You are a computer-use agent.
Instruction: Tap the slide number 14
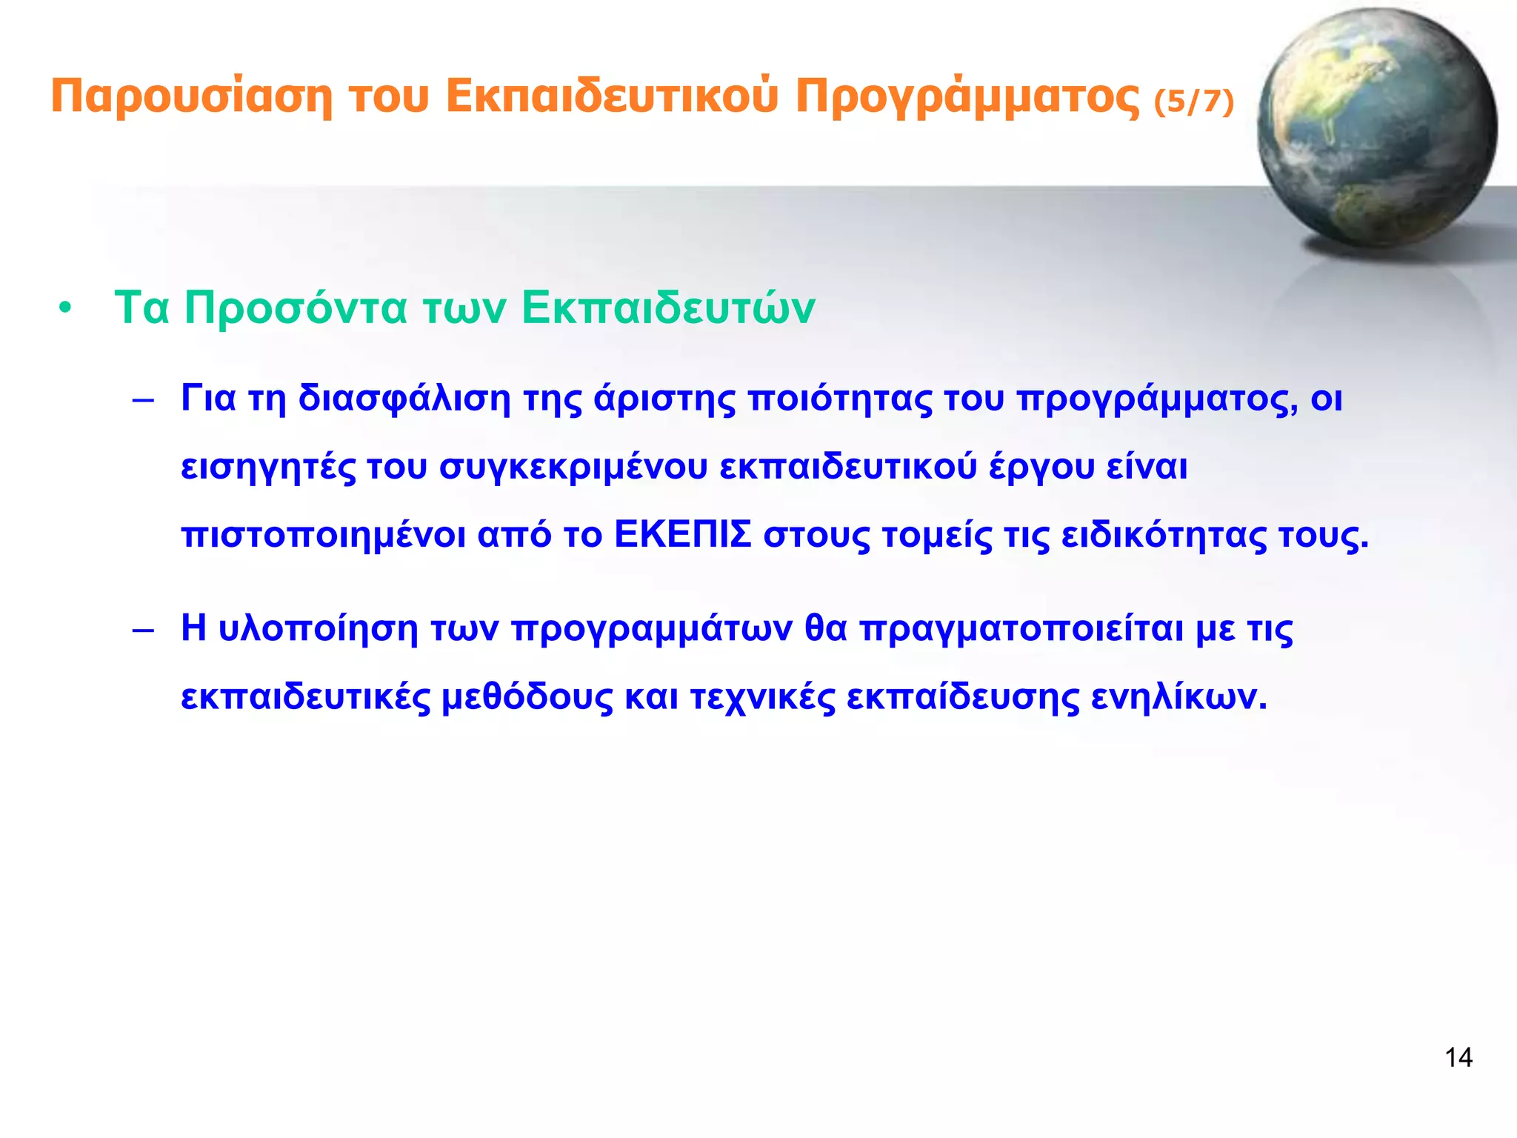[1458, 1057]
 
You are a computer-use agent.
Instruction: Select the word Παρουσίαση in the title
[191, 96]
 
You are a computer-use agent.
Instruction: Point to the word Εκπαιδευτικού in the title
[612, 96]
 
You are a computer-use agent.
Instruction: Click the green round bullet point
[66, 309]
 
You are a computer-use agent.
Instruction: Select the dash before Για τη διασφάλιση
[142, 401]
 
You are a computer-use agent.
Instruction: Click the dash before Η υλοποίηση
[142, 630]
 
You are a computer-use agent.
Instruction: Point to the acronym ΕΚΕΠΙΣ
[683, 535]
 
